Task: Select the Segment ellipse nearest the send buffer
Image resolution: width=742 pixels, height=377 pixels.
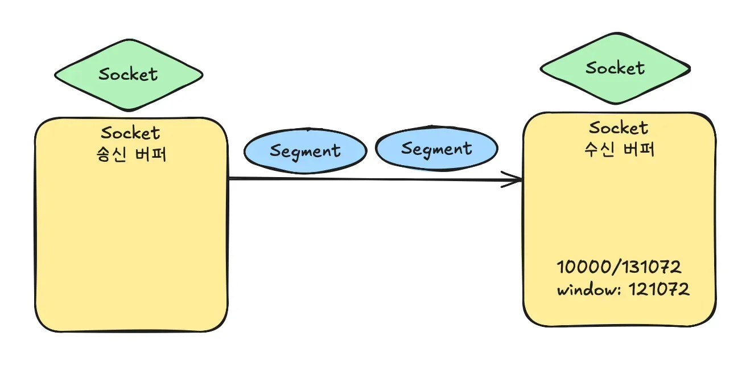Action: tap(305, 151)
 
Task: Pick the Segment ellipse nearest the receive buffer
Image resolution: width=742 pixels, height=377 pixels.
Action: tap(436, 149)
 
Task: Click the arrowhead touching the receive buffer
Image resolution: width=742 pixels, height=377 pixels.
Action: tap(518, 181)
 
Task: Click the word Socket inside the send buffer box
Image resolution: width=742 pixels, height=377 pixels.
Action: tap(130, 133)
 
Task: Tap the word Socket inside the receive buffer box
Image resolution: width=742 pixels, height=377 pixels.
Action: tap(619, 128)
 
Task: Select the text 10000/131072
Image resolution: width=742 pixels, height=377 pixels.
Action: tap(619, 267)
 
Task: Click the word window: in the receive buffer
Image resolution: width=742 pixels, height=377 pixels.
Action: tap(589, 289)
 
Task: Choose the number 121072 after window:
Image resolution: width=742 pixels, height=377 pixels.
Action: tap(659, 289)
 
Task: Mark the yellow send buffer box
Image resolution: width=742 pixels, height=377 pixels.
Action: tap(131, 239)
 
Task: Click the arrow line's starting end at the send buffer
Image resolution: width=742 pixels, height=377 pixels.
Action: tap(231, 179)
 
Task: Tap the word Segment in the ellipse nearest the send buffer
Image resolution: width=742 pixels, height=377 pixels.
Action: tap(305, 151)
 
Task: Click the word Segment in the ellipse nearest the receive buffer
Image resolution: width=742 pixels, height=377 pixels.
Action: tap(436, 149)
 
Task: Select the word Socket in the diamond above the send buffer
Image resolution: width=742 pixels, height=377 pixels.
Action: tap(129, 74)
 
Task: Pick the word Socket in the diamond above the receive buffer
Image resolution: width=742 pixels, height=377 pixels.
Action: tap(615, 68)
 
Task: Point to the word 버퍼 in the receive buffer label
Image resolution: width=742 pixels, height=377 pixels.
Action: tap(636, 149)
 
